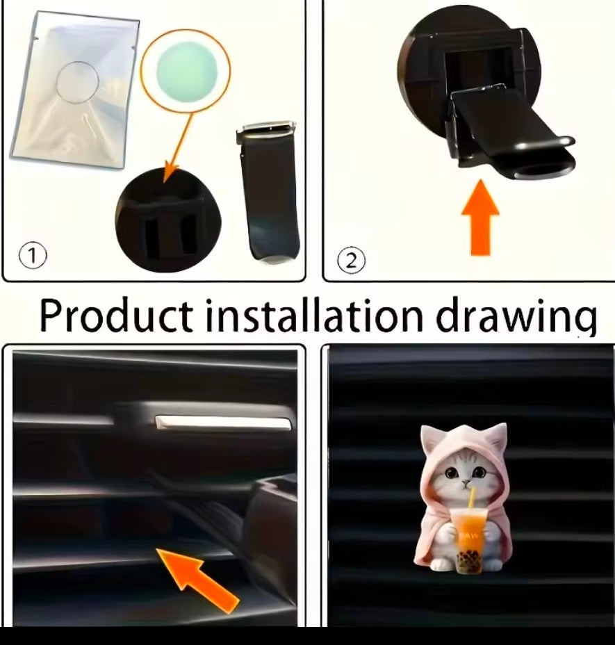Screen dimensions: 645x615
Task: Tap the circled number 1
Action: pyautogui.click(x=32, y=256)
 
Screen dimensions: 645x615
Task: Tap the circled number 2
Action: pyautogui.click(x=351, y=261)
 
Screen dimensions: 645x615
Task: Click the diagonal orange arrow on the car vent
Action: pyautogui.click(x=199, y=577)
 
